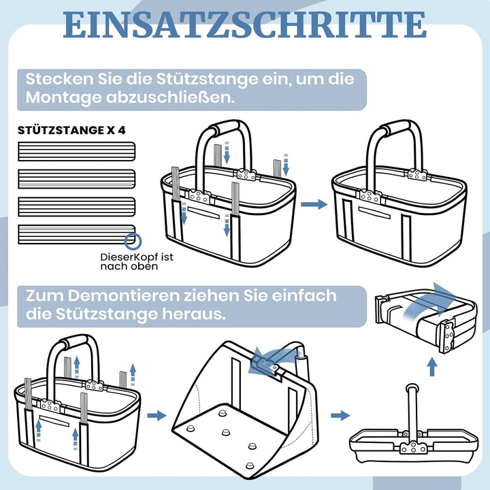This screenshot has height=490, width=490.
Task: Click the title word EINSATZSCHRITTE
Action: [245, 25]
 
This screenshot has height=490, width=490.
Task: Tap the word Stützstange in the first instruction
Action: [207, 79]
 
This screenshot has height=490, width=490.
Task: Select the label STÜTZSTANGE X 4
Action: [71, 130]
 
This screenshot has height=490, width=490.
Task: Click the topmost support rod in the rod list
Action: [76, 152]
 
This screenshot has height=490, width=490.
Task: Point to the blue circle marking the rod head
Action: [133, 242]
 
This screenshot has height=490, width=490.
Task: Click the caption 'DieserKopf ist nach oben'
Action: [137, 261]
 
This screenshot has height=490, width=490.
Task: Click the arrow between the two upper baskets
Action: [314, 204]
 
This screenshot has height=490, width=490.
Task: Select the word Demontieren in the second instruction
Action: [123, 295]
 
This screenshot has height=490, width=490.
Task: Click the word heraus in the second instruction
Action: [194, 314]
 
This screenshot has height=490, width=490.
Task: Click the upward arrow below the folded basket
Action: [432, 367]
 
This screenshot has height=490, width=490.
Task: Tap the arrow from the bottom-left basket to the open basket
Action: [157, 416]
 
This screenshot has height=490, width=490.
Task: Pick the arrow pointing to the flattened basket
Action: [340, 416]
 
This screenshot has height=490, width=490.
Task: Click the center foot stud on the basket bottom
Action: [226, 433]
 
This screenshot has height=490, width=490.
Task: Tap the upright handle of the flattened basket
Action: [412, 410]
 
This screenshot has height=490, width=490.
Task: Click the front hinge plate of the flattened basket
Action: [414, 448]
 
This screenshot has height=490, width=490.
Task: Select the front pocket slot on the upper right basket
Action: [374, 212]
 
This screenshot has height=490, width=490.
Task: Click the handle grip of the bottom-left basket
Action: [74, 342]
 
